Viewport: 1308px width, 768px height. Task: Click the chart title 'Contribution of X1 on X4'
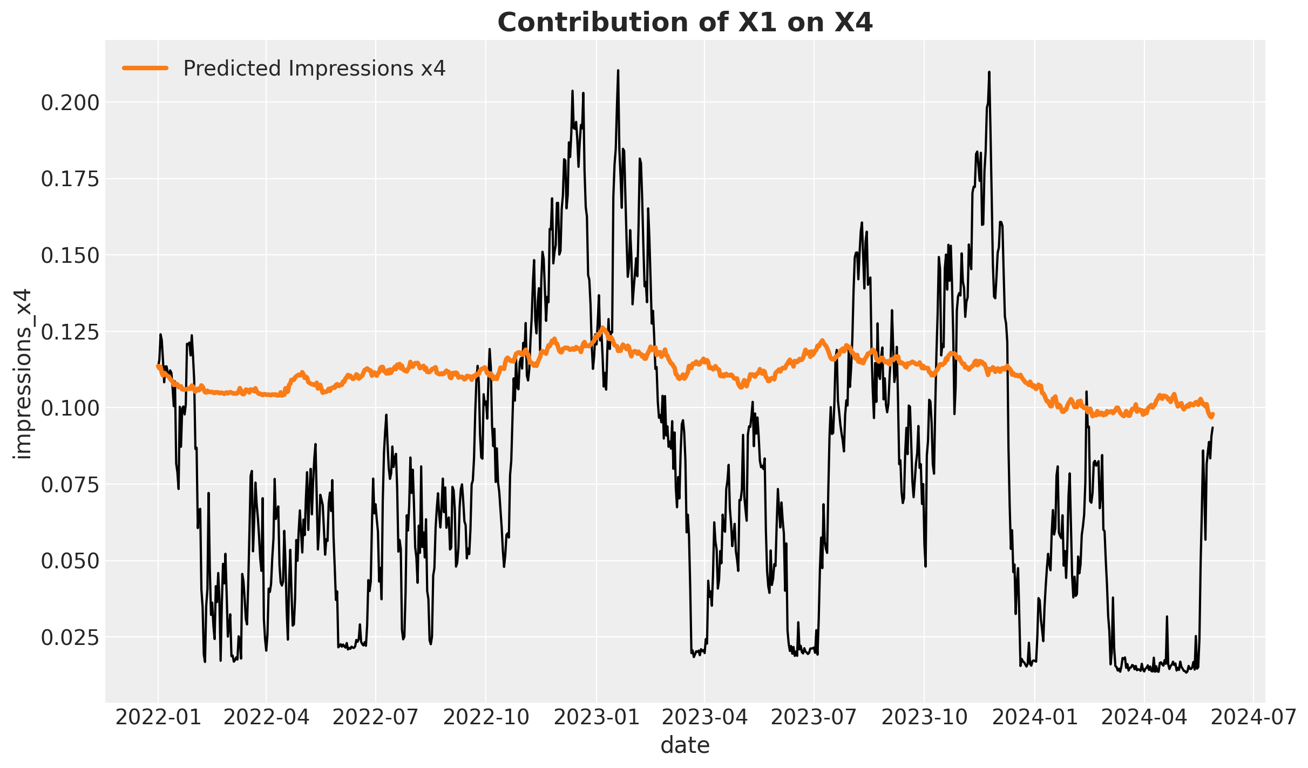(685, 23)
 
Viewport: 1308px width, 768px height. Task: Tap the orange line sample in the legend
(146, 68)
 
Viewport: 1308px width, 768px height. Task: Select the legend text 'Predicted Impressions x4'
(314, 69)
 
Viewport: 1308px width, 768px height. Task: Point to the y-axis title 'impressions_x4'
(24, 374)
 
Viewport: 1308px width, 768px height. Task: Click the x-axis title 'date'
(685, 745)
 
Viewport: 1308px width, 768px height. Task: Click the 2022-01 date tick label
(158, 718)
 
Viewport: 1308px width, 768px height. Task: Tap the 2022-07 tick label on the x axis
(375, 718)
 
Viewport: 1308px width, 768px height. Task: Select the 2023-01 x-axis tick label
(597, 718)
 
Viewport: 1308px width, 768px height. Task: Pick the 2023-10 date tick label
(924, 718)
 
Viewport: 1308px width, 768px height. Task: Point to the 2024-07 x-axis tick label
(1253, 718)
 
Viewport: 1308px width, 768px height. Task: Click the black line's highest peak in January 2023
(618, 70)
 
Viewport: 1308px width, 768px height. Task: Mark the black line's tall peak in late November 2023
(989, 72)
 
